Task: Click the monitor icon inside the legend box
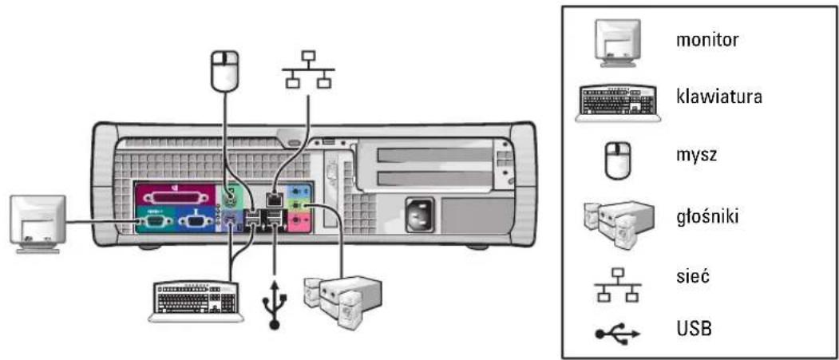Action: pyautogui.click(x=618, y=43)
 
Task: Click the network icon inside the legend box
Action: pyautogui.click(x=618, y=283)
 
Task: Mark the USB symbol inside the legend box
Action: pyautogui.click(x=618, y=333)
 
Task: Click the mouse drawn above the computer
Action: pyautogui.click(x=224, y=69)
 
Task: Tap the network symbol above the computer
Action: pyautogui.click(x=307, y=69)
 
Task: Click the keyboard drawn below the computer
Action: pyautogui.click(x=196, y=301)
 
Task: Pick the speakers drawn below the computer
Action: pyautogui.click(x=342, y=300)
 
